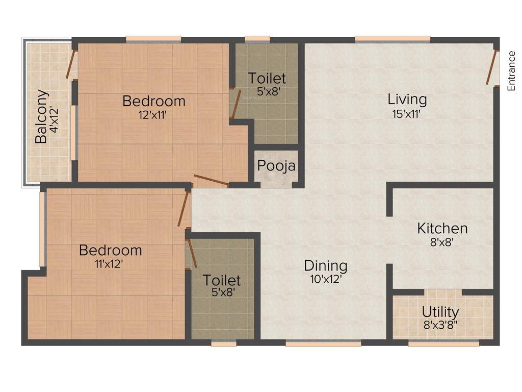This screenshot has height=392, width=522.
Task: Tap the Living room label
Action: tap(407, 99)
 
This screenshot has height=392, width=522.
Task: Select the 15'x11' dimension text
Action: tap(406, 114)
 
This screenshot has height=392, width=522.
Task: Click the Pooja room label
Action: tap(276, 166)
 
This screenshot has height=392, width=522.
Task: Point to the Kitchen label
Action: tap(442, 228)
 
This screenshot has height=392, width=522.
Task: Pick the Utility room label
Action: tap(440, 311)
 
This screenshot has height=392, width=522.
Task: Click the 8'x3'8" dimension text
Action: tap(440, 324)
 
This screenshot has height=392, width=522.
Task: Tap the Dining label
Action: tap(326, 266)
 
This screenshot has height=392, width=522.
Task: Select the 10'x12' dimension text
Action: tap(325, 279)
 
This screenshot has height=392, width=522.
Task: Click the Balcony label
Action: tap(41, 116)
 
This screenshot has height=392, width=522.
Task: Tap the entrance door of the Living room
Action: tap(491, 67)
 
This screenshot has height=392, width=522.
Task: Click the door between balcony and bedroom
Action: tap(71, 64)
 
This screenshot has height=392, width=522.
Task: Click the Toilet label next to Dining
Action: tap(222, 280)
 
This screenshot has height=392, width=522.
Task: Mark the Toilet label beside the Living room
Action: tap(267, 79)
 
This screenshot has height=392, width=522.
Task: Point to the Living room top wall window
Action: tap(393, 39)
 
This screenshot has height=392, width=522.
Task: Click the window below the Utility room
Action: tap(443, 344)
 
